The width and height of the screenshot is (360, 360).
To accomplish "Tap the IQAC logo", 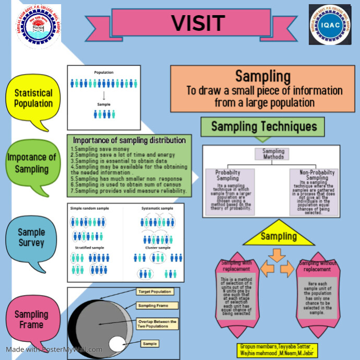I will point(330,25).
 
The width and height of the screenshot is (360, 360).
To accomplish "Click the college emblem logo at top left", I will point(36,26).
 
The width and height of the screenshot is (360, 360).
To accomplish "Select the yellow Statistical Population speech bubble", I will point(33,98).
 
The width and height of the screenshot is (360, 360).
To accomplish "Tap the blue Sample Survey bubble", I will point(31,237).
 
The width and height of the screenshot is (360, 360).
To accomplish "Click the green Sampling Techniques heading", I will point(263,127).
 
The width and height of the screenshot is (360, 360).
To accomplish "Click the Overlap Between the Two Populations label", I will point(157,324).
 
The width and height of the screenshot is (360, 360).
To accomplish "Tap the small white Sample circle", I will point(117,344).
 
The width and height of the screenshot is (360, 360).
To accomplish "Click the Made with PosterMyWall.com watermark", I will point(54,350).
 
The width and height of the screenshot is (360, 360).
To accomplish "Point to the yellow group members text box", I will point(277,349).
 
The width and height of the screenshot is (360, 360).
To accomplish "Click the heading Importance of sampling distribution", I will point(129,140).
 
